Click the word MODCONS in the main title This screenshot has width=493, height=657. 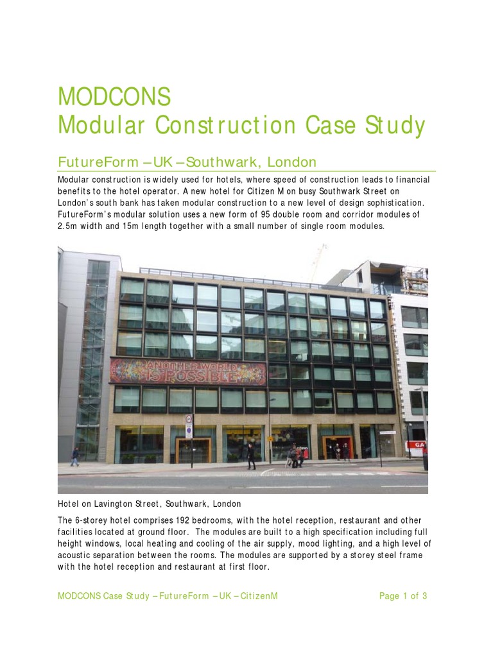114,96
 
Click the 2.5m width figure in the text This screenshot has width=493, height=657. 69,226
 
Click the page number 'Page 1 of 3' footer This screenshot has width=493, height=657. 402,596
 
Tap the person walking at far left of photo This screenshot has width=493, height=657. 74,456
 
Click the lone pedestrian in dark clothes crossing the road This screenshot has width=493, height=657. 251,456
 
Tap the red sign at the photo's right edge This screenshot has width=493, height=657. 420,444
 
